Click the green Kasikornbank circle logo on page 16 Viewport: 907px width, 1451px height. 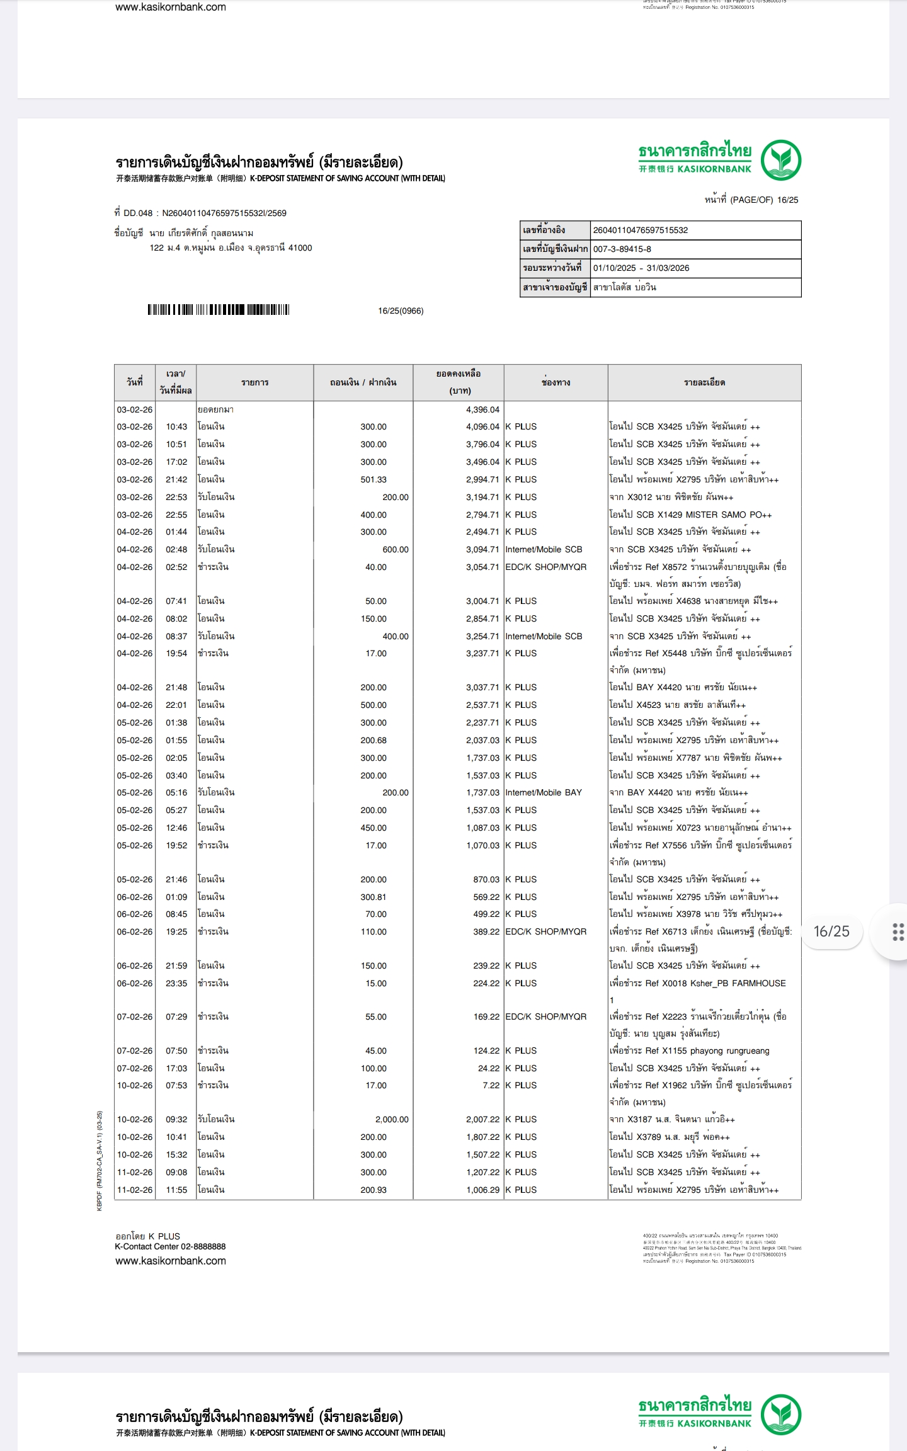point(780,160)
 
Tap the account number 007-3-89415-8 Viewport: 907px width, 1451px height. point(622,249)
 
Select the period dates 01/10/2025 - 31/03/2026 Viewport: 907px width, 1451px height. point(641,268)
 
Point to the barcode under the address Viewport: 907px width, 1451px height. point(218,310)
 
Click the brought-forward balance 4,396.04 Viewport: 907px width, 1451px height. point(482,410)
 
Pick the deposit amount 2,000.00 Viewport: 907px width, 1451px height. point(392,1119)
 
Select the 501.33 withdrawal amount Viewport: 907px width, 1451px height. point(373,480)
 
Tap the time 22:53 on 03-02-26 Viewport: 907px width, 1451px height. point(176,498)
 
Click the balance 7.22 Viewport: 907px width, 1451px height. point(491,1085)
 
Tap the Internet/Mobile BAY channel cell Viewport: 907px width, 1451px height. point(543,792)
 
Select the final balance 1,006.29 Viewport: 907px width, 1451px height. point(482,1190)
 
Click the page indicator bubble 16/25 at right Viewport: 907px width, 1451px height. point(831,931)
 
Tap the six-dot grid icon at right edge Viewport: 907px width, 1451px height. point(898,932)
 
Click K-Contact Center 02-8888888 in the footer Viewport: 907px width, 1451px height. point(170,1246)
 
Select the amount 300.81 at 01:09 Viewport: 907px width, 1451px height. point(373,897)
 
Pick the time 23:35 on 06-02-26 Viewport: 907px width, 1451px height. point(176,983)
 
